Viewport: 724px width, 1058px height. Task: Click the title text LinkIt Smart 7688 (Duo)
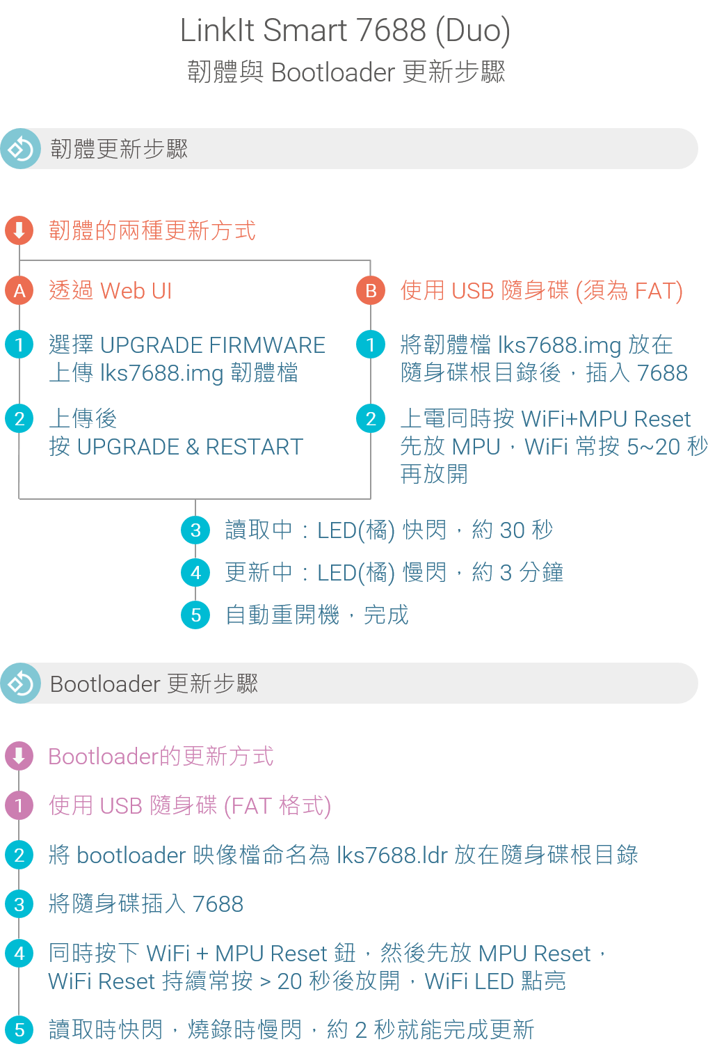[345, 31]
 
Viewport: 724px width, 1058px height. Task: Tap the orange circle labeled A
[19, 290]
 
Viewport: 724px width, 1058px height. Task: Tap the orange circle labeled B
[371, 290]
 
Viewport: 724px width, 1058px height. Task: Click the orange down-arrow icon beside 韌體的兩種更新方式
[19, 230]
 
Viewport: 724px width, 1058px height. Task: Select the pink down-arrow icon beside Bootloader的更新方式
[19, 756]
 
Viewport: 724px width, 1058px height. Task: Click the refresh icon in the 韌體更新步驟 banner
[21, 149]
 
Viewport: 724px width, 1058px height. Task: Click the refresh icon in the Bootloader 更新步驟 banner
[21, 684]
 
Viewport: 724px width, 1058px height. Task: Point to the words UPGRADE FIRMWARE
[213, 345]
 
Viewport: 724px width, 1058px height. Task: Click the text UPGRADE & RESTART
[190, 447]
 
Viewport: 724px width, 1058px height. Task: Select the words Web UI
[136, 290]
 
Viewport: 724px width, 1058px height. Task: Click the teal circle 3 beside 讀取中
[195, 530]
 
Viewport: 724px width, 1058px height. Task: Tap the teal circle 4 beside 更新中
[195, 573]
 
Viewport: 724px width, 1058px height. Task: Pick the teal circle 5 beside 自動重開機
[195, 615]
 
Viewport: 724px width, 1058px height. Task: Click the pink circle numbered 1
[19, 806]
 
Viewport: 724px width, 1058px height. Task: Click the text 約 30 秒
[513, 530]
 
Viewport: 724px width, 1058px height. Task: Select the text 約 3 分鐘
[517, 573]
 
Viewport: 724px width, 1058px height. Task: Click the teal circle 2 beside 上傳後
[19, 419]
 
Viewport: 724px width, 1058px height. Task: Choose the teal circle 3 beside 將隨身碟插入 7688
[19, 904]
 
